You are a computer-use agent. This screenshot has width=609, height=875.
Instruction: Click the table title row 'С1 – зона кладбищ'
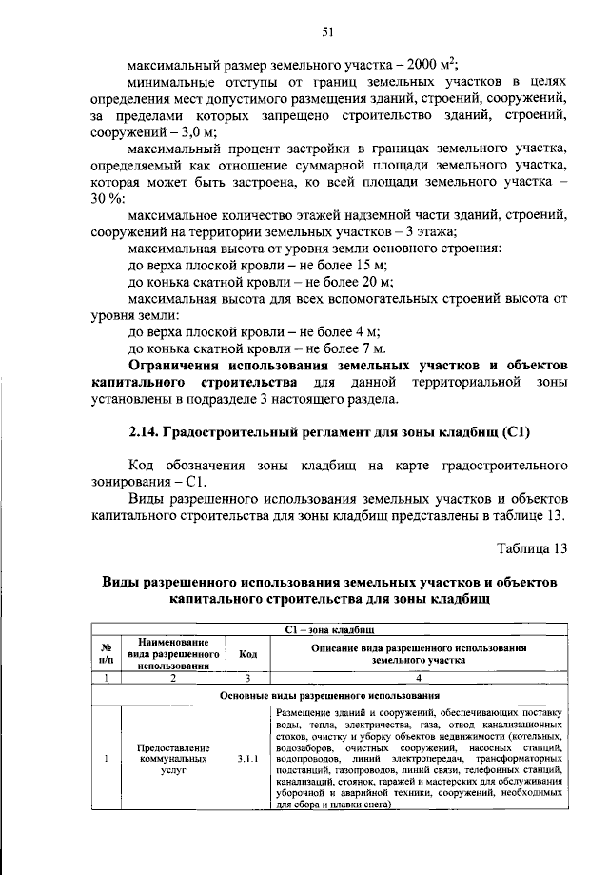pyautogui.click(x=328, y=630)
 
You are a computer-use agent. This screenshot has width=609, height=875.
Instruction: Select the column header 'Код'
pyautogui.click(x=247, y=654)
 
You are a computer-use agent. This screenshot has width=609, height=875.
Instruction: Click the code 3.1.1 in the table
pyautogui.click(x=247, y=759)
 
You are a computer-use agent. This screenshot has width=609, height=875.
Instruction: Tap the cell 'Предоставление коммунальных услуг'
pyautogui.click(x=173, y=759)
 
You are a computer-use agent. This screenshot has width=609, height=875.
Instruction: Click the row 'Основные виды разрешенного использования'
pyautogui.click(x=328, y=696)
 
